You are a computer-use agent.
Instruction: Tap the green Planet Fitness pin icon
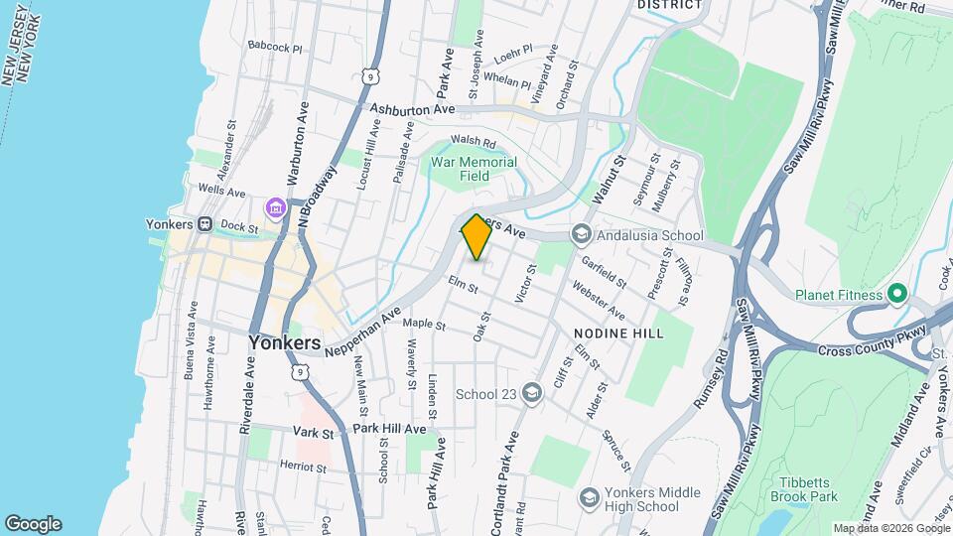point(897,294)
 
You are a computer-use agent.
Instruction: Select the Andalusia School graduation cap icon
point(580,235)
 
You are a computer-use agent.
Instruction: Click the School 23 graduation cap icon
point(532,394)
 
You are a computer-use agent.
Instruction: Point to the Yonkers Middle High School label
point(651,500)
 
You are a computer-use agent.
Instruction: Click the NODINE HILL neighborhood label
point(617,334)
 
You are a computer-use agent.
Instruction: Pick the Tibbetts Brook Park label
point(804,489)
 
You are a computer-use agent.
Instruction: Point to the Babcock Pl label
point(274,46)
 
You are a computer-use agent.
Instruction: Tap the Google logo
point(33,524)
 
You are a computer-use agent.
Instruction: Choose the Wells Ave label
point(221,190)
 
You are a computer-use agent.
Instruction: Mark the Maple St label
point(424,325)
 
